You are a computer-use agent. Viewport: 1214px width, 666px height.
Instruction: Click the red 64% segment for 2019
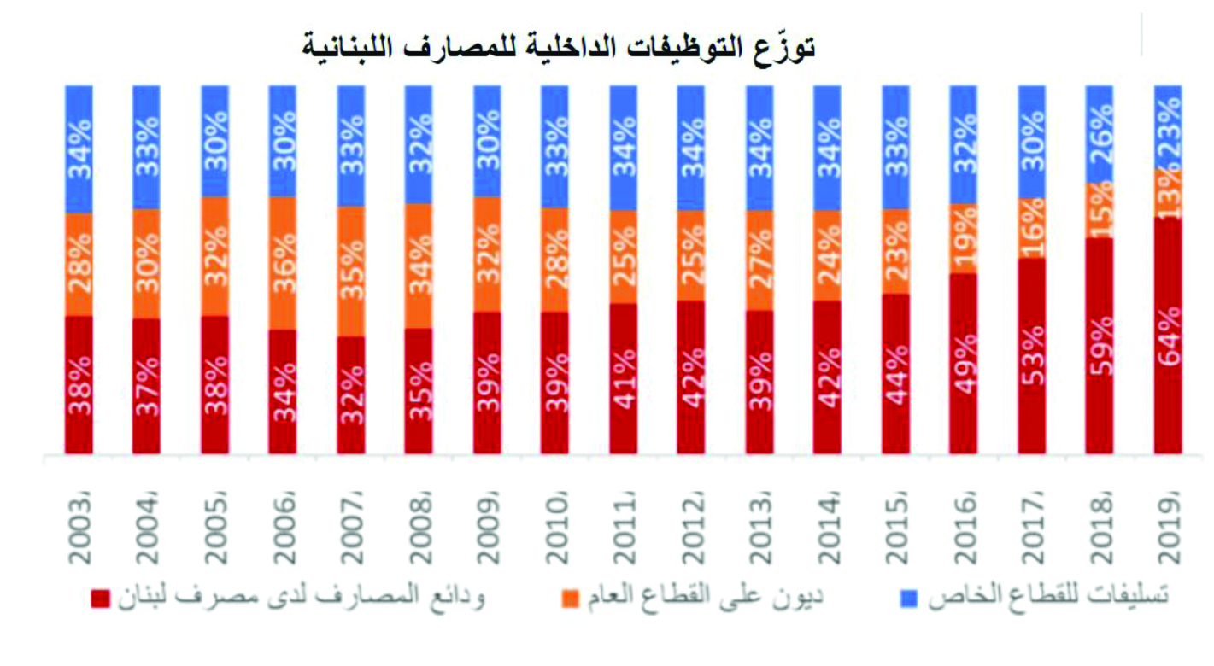pos(1168,336)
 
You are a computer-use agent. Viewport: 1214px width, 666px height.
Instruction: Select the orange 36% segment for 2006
pos(283,263)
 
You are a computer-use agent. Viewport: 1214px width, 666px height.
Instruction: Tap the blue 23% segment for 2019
pos(1168,126)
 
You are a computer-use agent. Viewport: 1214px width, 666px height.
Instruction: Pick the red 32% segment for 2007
pos(351,394)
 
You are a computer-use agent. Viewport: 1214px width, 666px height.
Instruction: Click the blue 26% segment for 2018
pos(1100,133)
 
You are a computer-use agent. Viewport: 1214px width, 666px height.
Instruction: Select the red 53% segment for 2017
pos(1032,355)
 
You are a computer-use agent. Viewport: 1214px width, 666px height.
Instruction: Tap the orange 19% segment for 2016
pos(964,238)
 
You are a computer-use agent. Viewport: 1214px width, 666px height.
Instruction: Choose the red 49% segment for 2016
pos(964,363)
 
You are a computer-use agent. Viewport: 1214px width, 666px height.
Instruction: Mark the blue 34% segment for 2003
pos(79,149)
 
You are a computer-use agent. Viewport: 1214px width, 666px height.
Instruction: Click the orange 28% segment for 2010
pos(555,260)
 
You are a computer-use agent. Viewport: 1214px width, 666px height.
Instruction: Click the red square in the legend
pos(100,599)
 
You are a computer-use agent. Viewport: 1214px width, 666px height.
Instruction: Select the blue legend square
pos(910,599)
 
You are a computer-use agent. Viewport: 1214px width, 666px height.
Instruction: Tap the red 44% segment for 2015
pos(895,373)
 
